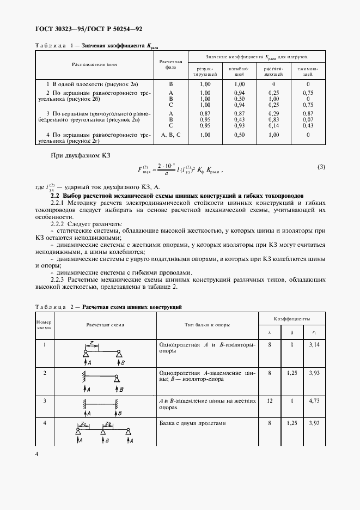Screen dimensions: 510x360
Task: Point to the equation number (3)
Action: coord(321,167)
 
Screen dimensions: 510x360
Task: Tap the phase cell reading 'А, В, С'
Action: coord(170,134)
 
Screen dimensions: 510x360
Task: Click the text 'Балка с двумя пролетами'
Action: coord(190,423)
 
